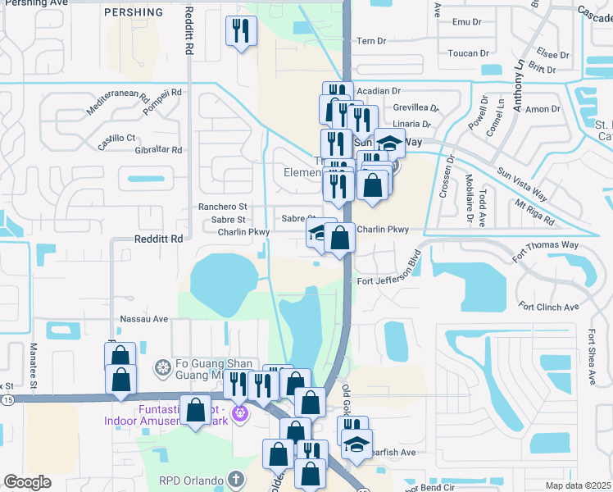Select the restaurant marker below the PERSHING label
242,32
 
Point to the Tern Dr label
370,40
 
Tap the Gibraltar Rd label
158,150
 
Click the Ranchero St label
222,207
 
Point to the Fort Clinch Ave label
549,307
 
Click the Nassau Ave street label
143,318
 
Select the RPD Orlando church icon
235,479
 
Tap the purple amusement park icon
239,412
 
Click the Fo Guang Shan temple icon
162,366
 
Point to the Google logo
27,481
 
